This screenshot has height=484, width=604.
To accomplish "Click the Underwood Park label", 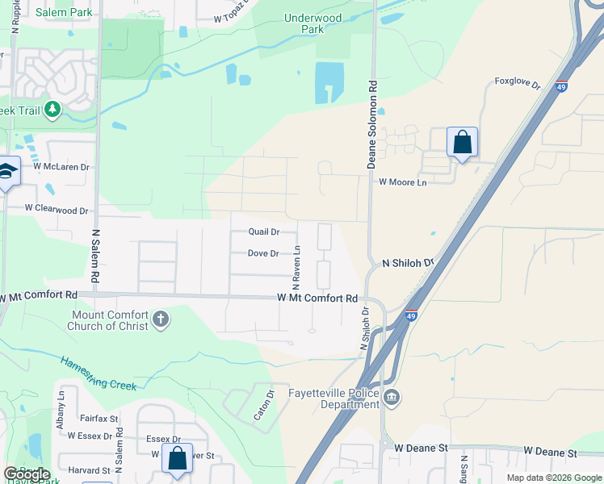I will pos(312,23).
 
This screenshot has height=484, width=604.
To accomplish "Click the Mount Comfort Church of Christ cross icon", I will pos(161,319).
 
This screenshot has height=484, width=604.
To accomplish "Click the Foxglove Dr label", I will pos(517,83).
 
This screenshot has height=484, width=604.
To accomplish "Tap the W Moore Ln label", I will pos(402,182).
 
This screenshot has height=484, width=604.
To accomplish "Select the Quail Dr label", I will pos(263,232).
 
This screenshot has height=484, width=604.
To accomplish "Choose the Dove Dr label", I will pos(263,253).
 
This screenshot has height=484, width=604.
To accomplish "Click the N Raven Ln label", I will pos(296,267).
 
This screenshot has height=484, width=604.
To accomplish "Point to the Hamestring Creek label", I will pos(99,373).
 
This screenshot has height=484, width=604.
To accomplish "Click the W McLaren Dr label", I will pos(61,166).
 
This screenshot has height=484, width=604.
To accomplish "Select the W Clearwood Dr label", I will pos(56,209).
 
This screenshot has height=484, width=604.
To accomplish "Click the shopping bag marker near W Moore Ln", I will pos(462,142).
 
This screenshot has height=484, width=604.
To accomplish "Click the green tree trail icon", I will pos(52,109).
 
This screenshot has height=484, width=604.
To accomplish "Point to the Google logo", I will pos(27,474).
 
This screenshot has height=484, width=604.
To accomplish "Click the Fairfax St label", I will pos(99,419).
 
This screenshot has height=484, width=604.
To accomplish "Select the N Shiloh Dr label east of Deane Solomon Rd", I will pos(408,262).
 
